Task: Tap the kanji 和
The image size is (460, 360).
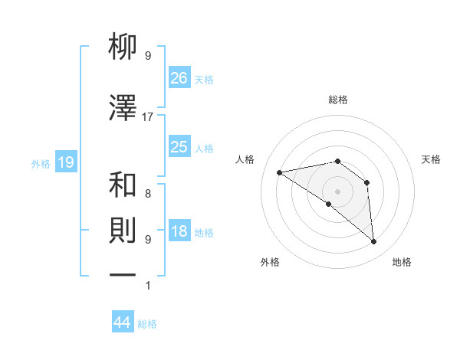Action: click(123, 185)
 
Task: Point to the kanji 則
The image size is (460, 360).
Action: click(123, 231)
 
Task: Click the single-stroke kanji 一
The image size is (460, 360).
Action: click(123, 273)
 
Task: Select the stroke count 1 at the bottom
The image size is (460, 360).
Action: click(148, 286)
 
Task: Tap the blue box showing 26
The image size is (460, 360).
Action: click(179, 78)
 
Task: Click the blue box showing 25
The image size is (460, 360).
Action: click(179, 147)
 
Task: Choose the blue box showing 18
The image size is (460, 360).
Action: click(179, 232)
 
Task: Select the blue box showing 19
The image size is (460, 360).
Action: click(65, 162)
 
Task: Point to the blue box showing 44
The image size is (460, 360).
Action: click(123, 322)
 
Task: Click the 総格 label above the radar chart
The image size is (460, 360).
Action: click(337, 100)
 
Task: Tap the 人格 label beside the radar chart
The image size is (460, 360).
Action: click(245, 159)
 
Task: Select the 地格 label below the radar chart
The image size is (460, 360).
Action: click(402, 262)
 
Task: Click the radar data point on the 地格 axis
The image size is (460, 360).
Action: click(374, 242)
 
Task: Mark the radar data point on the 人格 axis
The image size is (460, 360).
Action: click(280, 172)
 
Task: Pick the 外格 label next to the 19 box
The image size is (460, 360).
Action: click(40, 163)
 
